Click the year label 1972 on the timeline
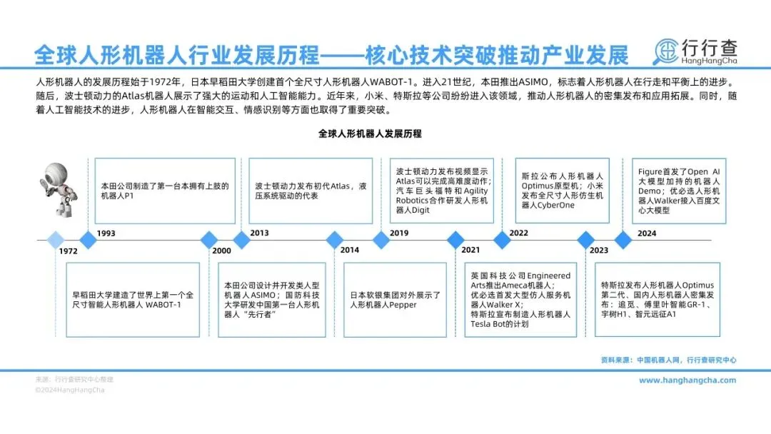(x=69, y=251)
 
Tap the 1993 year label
(x=106, y=233)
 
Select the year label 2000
(x=222, y=251)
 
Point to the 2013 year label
(x=260, y=233)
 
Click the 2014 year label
(x=350, y=251)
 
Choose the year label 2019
(x=399, y=233)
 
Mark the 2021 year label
(x=471, y=251)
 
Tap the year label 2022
(x=518, y=233)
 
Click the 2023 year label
(x=598, y=251)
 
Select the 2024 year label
(x=647, y=233)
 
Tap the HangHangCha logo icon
(x=670, y=51)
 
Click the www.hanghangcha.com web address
(x=687, y=380)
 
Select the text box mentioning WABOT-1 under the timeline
(x=133, y=300)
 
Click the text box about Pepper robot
(x=395, y=300)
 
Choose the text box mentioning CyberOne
(x=563, y=191)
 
